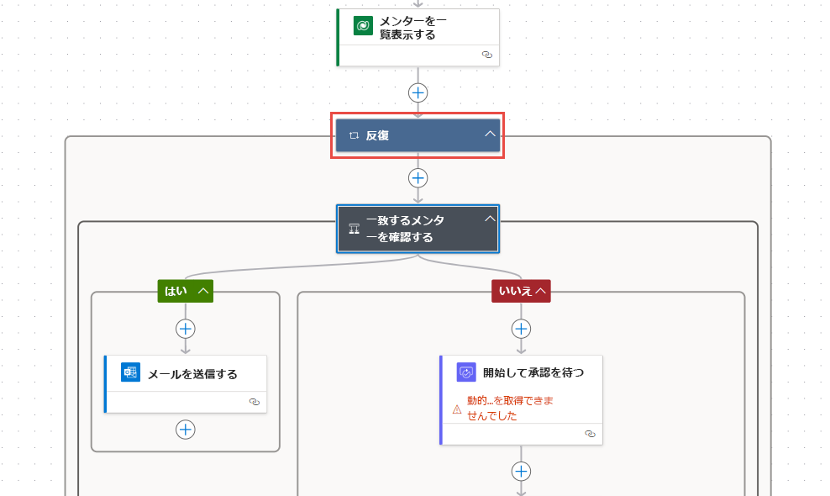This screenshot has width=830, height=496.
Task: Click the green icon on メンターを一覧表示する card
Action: [363, 25]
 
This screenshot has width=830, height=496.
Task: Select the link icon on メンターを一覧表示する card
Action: [487, 55]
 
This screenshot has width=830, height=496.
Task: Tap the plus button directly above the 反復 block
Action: [418, 93]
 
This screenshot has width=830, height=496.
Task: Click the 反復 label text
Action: [377, 135]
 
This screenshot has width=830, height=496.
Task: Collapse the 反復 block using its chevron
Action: [490, 134]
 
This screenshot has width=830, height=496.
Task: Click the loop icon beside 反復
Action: [355, 135]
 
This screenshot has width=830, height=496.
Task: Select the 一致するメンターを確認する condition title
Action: [405, 229]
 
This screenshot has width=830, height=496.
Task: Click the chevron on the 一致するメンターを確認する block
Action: [490, 219]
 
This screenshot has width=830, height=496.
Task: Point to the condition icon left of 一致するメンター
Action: [355, 229]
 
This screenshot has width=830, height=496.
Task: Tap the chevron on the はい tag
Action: [203, 291]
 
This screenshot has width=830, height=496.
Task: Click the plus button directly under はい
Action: [186, 329]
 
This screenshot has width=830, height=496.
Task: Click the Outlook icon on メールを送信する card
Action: [130, 372]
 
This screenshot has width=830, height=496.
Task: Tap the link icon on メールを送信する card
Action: [254, 402]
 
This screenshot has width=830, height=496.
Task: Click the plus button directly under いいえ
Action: [522, 329]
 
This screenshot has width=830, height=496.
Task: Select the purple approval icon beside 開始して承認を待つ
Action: [466, 372]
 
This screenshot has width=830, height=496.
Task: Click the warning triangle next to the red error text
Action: [457, 409]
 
